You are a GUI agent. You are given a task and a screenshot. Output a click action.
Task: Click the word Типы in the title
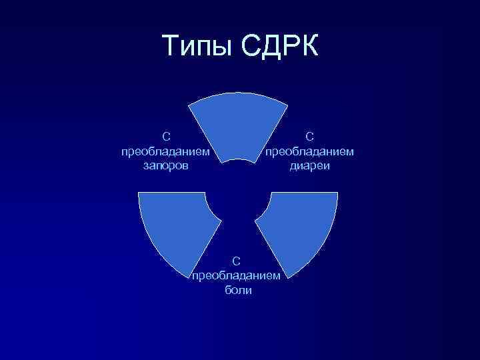click(196, 47)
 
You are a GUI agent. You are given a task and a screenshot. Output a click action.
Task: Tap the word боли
click(238, 291)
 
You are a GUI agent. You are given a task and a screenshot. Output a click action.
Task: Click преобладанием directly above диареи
click(310, 151)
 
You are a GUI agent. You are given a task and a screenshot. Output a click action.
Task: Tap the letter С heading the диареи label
click(310, 137)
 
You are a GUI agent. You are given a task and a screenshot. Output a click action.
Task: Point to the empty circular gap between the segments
click(238, 200)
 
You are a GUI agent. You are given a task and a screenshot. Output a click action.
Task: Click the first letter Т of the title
click(171, 47)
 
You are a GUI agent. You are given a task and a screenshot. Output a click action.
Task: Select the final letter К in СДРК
click(309, 47)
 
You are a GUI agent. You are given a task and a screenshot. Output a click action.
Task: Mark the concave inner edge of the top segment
click(238, 161)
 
